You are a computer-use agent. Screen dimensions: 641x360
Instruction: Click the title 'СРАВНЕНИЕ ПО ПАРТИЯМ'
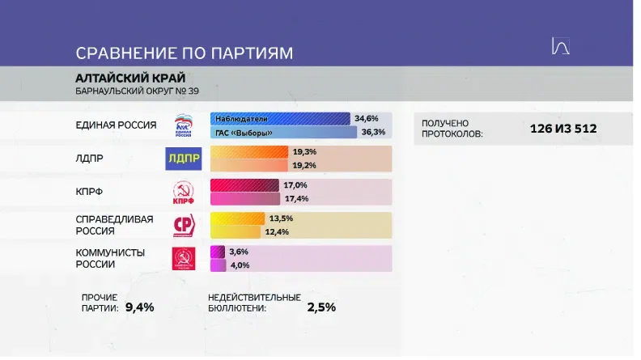click(x=185, y=53)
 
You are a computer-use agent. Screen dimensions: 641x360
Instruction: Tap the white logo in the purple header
click(x=560, y=46)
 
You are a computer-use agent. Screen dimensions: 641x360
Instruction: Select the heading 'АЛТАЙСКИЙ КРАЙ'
click(x=130, y=78)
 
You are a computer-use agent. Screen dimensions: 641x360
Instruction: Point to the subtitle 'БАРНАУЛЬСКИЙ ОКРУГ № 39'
click(x=137, y=91)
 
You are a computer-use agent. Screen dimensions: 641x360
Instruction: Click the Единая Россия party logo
click(x=183, y=125)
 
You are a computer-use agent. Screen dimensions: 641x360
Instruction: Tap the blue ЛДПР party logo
click(x=184, y=159)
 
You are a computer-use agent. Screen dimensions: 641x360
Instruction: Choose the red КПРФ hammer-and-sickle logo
click(x=183, y=192)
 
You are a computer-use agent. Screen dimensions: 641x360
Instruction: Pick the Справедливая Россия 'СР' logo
click(x=184, y=225)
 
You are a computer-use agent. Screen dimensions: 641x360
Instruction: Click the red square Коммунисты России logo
click(x=184, y=258)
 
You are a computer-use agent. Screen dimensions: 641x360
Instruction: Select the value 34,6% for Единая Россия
click(x=367, y=118)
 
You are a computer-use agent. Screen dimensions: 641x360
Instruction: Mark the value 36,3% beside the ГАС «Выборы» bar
click(x=373, y=132)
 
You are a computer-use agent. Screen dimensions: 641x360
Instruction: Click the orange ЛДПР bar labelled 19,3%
click(x=249, y=152)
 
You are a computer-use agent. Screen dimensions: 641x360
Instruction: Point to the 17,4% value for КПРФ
click(x=297, y=198)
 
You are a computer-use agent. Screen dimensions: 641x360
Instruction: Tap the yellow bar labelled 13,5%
click(x=237, y=218)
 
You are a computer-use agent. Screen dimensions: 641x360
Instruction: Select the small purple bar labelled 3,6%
click(x=218, y=252)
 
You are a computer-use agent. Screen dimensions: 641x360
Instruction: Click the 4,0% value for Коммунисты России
click(x=240, y=265)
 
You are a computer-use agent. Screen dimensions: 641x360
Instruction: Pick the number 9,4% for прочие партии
click(x=140, y=307)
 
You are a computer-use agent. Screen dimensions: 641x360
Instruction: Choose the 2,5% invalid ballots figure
click(x=321, y=307)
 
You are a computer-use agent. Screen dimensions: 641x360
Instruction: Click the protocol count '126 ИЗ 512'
click(x=563, y=129)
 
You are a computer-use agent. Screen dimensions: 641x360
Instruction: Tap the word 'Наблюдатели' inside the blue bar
click(x=241, y=119)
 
